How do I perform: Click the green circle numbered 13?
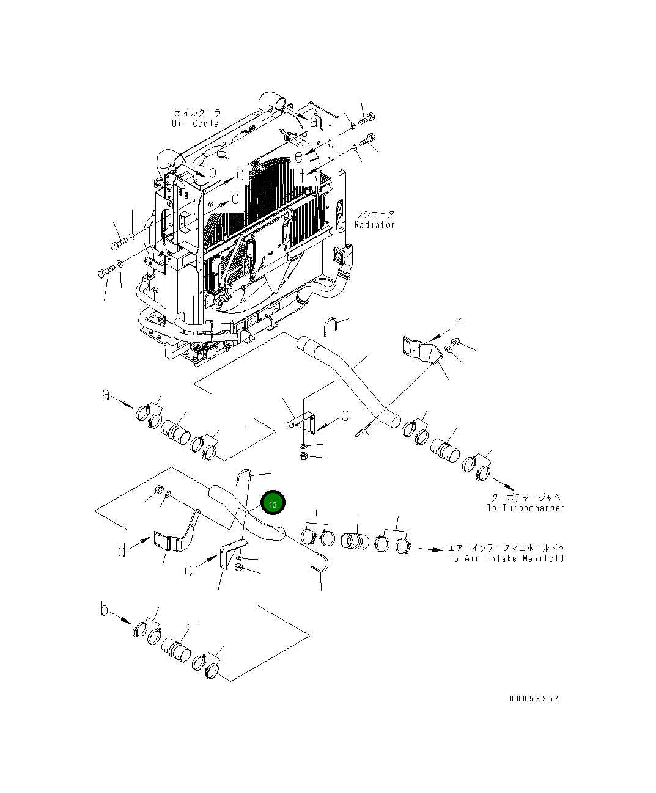click(273, 504)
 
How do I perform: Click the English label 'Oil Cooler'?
click(197, 123)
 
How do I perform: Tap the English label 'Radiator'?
click(375, 225)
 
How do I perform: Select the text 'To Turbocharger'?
click(525, 508)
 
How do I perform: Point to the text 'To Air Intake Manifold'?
click(506, 558)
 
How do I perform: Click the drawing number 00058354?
click(534, 698)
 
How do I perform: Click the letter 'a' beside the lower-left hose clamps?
click(106, 396)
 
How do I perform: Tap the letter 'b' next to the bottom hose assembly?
click(105, 610)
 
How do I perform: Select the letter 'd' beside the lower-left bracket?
click(122, 550)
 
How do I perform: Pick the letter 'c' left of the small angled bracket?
click(189, 571)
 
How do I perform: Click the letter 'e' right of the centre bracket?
click(345, 415)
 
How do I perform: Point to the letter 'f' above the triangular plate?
click(459, 324)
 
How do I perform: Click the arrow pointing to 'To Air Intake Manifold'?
click(431, 549)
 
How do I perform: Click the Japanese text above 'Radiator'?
click(375, 214)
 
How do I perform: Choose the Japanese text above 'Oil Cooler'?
click(197, 113)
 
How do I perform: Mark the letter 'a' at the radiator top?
click(314, 122)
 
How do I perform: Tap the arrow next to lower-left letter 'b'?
click(122, 618)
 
